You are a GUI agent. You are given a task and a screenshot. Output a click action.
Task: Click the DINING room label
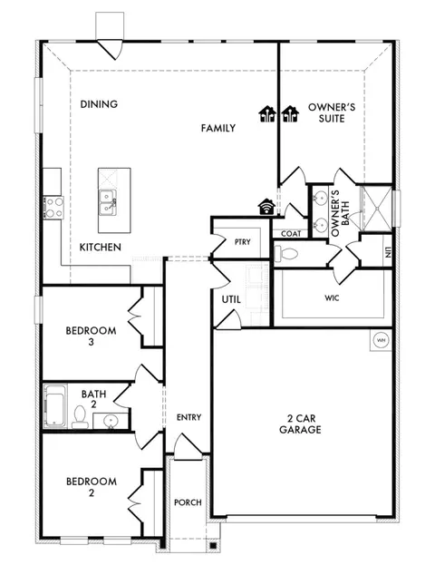click(99, 104)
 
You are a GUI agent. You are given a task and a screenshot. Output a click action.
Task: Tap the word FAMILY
click(218, 128)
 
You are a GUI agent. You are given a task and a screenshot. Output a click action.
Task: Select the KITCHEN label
click(100, 248)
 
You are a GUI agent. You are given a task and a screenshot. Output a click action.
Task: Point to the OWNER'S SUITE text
click(332, 112)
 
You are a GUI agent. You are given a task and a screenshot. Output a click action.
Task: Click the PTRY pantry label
click(242, 242)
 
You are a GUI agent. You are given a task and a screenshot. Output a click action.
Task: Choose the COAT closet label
click(291, 234)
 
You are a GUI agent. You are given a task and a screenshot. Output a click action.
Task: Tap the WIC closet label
click(332, 298)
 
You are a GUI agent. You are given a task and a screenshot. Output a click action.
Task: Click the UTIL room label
click(231, 299)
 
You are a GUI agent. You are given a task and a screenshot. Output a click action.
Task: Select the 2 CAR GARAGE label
click(300, 424)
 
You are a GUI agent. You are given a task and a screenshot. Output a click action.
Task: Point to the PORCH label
click(188, 502)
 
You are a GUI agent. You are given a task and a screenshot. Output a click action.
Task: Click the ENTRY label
click(188, 417)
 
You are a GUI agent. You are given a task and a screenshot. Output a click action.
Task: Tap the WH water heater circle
click(381, 340)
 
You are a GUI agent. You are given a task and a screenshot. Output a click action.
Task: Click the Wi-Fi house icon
click(266, 207)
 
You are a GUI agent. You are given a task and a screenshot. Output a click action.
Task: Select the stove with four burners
click(53, 208)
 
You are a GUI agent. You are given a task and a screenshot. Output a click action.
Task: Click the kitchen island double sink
click(108, 203)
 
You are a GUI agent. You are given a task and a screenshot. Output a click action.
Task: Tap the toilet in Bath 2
click(80, 417)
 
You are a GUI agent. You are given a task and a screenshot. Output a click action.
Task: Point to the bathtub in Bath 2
click(54, 406)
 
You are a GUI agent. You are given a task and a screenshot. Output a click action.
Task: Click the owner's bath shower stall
click(376, 209)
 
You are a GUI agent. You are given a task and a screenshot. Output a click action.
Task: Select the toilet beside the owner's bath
click(285, 253)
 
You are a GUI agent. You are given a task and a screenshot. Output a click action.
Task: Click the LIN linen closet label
click(388, 252)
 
